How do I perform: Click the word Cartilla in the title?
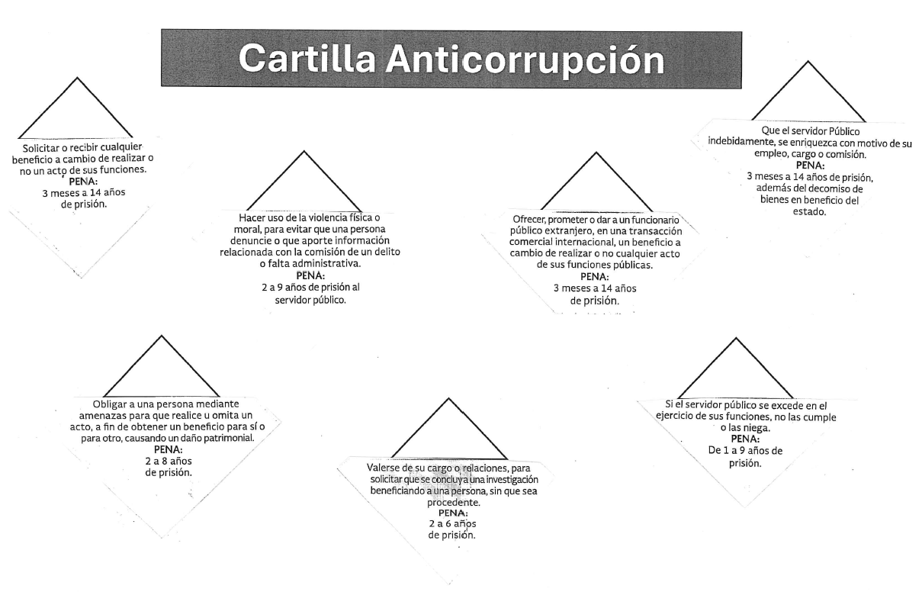pyautogui.click(x=307, y=58)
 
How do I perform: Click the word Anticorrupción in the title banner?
pyautogui.click(x=525, y=60)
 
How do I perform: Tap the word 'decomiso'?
pyautogui.click(x=831, y=189)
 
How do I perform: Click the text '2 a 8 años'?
pyautogui.click(x=169, y=461)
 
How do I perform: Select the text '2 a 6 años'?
pyautogui.click(x=452, y=523)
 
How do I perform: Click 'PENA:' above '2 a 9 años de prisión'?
pyautogui.click(x=310, y=275)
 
